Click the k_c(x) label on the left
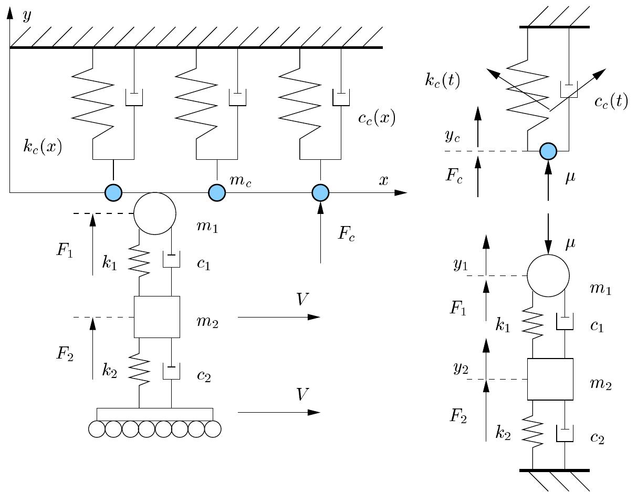[x=43, y=147]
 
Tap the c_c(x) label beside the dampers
[x=376, y=118]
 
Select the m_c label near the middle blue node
[x=240, y=180]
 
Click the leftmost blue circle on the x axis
[x=113, y=192]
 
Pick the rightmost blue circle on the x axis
[x=320, y=192]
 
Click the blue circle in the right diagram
[x=548, y=151]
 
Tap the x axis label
[x=384, y=180]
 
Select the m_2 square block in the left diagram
[x=156, y=316]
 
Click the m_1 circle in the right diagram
[x=548, y=275]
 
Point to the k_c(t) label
[x=442, y=80]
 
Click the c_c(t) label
[x=611, y=101]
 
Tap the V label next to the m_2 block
[x=302, y=300]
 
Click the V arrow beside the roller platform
[x=278, y=412]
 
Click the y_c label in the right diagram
[x=453, y=136]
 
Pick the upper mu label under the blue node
[x=570, y=178]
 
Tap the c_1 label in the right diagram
[x=597, y=326]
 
